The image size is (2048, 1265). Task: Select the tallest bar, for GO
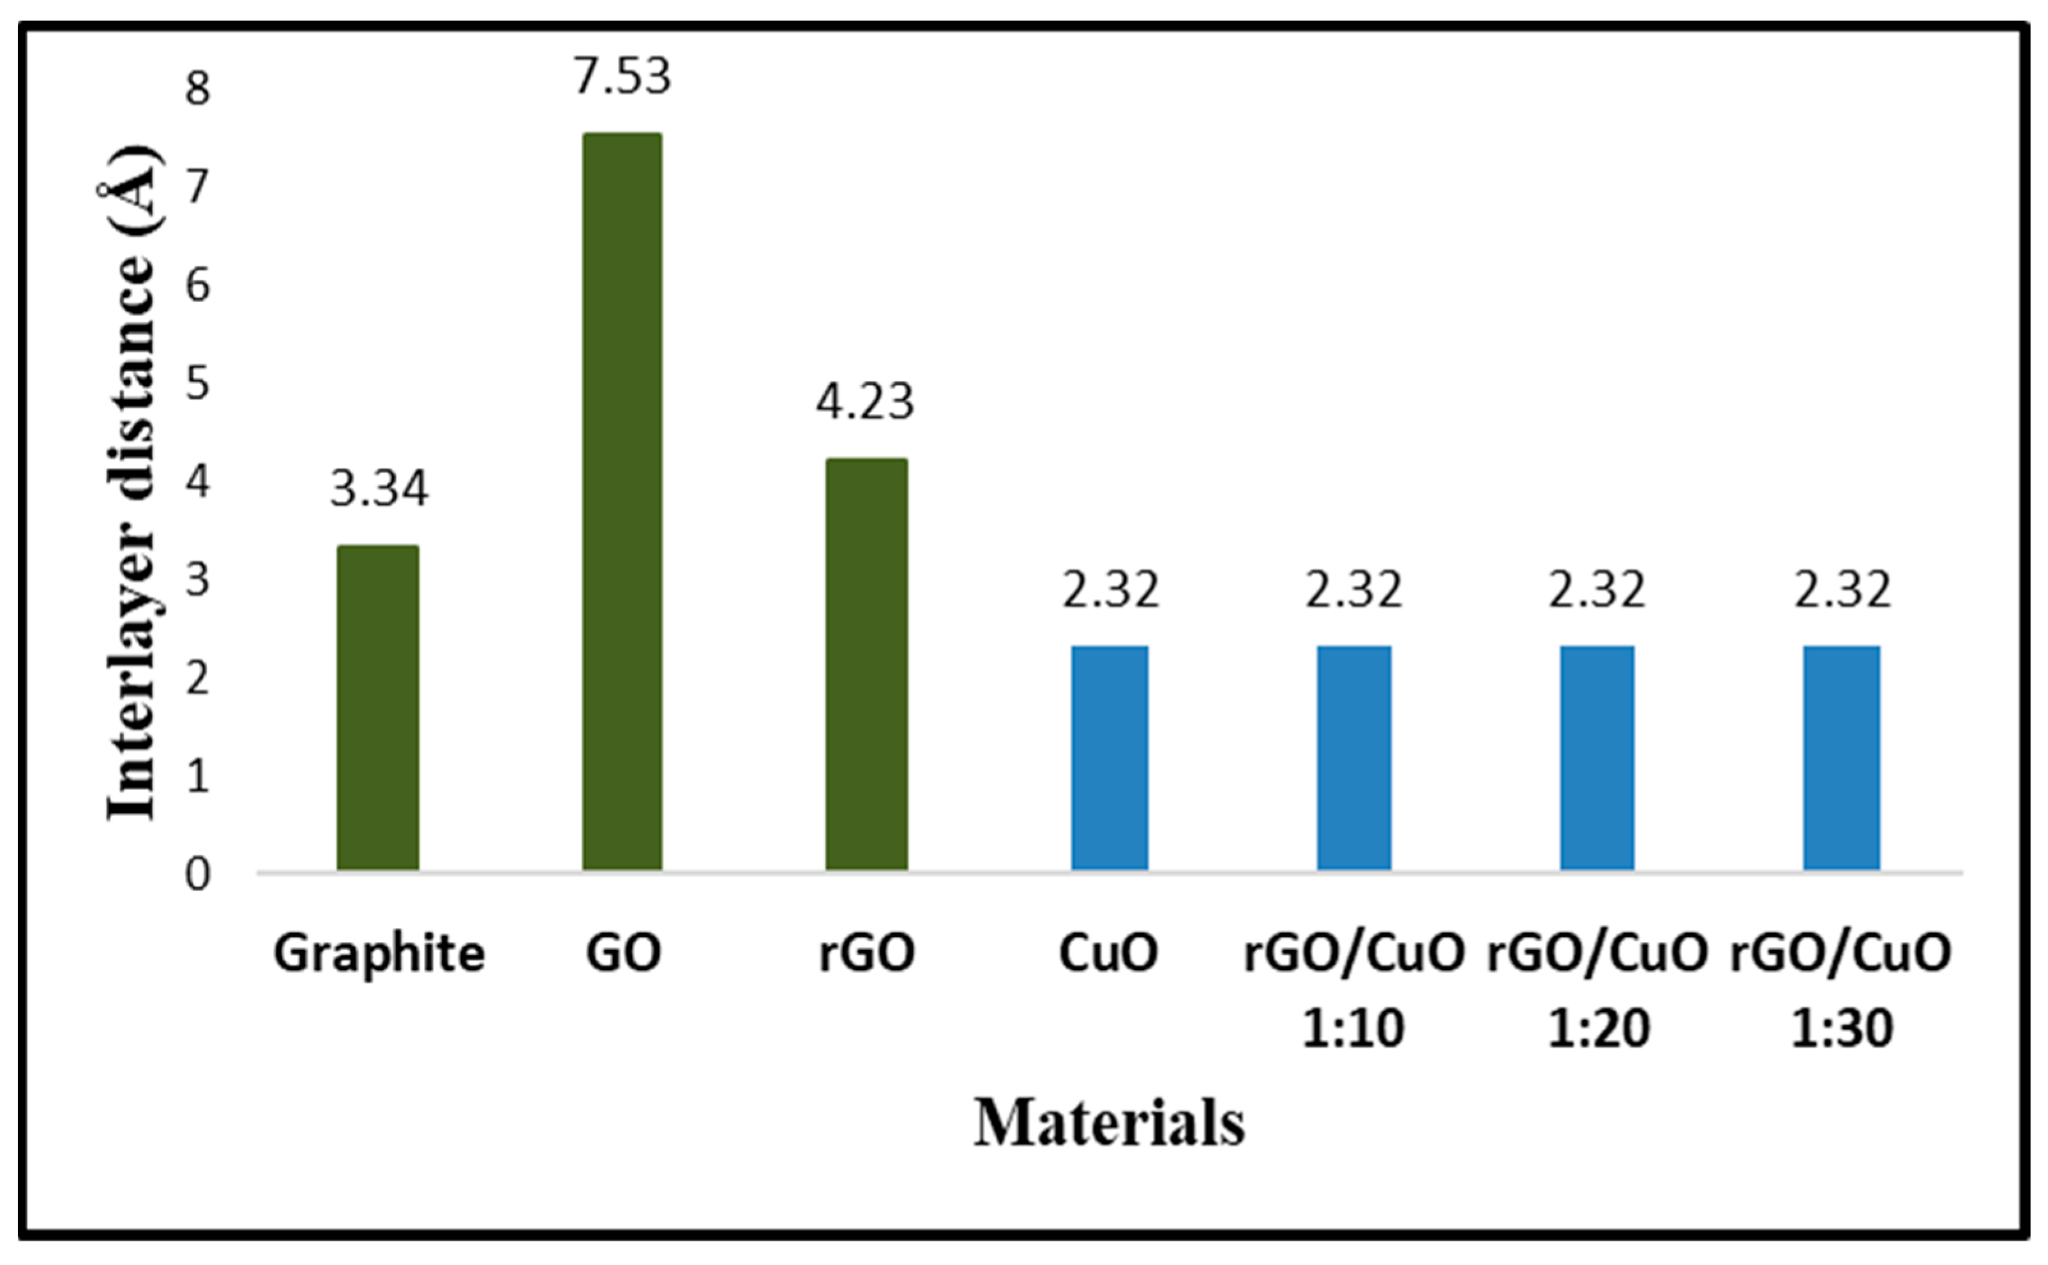coord(622,502)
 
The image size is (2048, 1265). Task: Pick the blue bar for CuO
coord(1110,758)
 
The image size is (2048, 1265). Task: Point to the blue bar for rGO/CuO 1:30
coord(1841,758)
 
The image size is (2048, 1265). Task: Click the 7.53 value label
coord(622,77)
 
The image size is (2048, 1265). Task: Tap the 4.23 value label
coord(865,403)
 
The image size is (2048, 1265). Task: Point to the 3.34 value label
coord(378,490)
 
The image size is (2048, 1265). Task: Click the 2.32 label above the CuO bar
coord(1110,590)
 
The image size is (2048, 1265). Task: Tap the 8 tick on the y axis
coord(197,89)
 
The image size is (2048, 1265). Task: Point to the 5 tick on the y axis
coord(197,384)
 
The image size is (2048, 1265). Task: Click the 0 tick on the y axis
coord(197,875)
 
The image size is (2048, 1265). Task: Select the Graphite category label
coord(378,954)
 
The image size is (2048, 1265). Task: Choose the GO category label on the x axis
coord(622,952)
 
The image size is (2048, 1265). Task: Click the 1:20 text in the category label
coord(1598,1028)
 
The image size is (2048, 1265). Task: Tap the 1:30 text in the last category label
coord(1841,1028)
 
